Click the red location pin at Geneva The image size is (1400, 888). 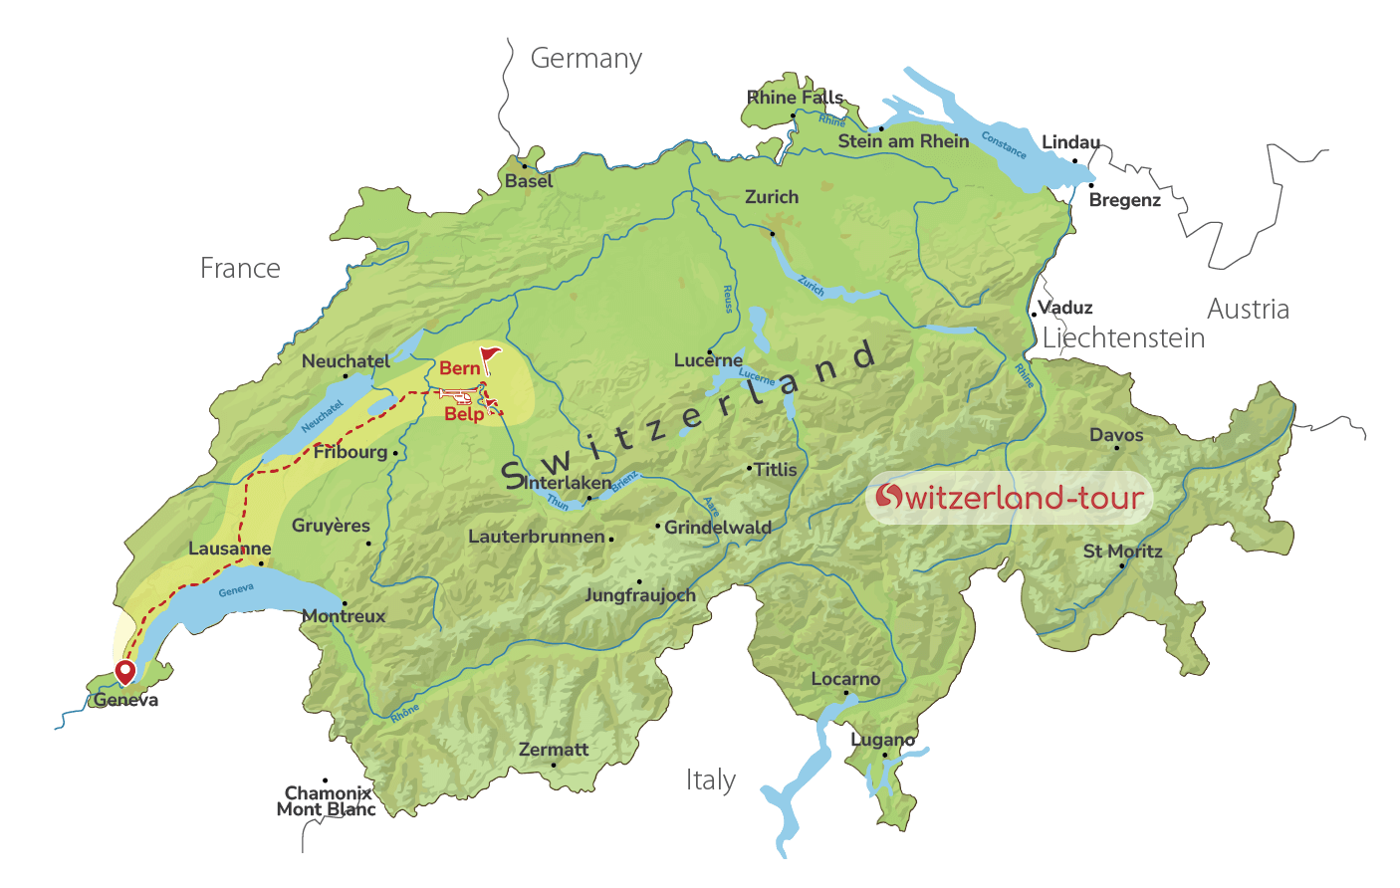coord(125,672)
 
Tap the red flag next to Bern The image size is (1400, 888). coord(489,356)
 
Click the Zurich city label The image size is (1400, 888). coord(772,197)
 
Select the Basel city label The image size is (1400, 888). coord(528,181)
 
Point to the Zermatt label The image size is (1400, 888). coord(554,750)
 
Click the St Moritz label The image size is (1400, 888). coord(1122,552)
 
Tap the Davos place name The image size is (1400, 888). coord(1116,435)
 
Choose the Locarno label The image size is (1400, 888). coord(845,679)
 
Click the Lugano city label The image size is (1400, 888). coord(883,741)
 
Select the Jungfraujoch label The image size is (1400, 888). coord(640,595)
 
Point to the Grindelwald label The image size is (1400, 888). coord(717,528)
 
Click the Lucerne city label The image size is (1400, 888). coord(708,360)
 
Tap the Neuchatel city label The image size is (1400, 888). coord(346,361)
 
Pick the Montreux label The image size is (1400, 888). coord(344,616)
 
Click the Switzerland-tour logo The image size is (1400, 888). coord(1009,497)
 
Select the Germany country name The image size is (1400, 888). coord(585,59)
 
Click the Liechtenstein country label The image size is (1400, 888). coord(1123,338)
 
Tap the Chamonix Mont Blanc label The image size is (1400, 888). coord(327,801)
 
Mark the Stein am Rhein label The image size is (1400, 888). coord(903,141)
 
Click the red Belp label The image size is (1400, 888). coord(464,414)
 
